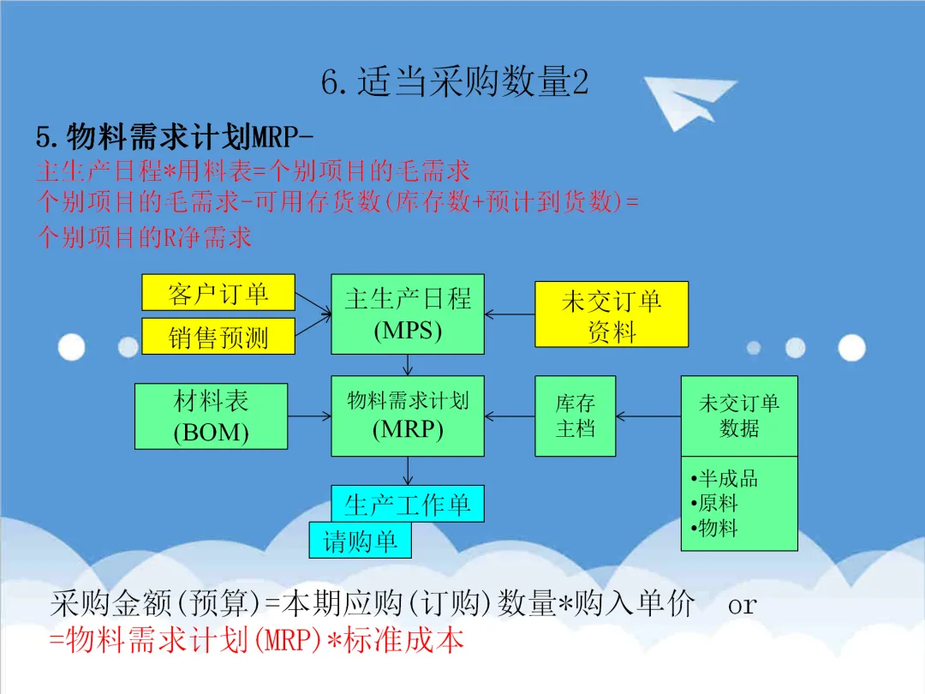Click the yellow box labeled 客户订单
(218, 293)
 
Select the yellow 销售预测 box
(218, 337)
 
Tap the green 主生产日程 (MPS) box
(408, 314)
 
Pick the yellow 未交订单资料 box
(612, 314)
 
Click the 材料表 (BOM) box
(212, 416)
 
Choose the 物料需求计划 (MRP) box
(408, 416)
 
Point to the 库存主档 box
(576, 416)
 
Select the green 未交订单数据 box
(739, 416)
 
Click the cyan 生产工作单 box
(408, 504)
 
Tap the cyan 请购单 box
(360, 541)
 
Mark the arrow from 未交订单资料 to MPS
(510, 314)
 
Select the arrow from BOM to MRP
(309, 416)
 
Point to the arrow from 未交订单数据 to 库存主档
(648, 416)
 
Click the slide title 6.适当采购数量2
(455, 82)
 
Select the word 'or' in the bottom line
(743, 605)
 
